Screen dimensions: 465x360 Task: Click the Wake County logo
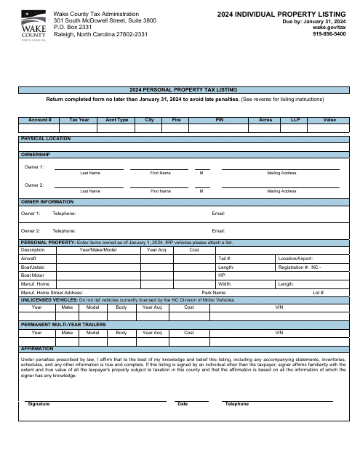tap(32, 24)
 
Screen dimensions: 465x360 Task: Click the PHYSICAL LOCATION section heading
tap(46, 138)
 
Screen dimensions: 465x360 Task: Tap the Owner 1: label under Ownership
tap(34, 167)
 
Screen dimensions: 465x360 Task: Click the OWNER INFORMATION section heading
tap(47, 201)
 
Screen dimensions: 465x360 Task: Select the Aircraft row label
tap(28, 258)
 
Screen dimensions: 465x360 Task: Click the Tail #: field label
tap(225, 258)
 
